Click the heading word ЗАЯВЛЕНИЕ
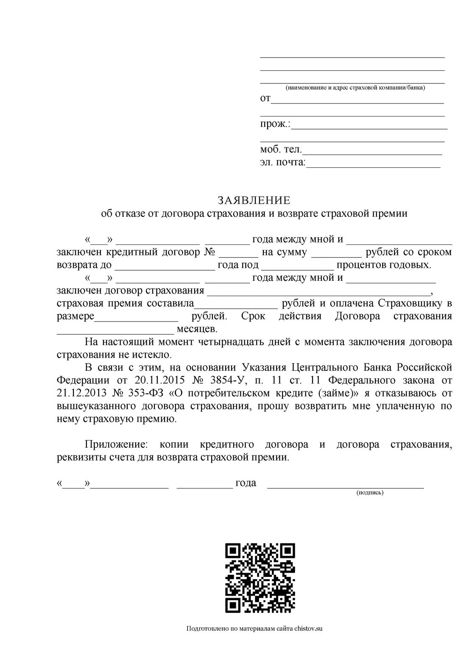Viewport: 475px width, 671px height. pos(254,200)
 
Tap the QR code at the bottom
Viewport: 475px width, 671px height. pos(260,578)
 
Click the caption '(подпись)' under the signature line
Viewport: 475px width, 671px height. pos(370,493)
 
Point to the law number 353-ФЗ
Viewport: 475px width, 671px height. pos(146,393)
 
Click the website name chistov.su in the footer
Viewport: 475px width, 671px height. pos(308,629)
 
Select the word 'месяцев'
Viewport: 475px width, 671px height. pos(196,329)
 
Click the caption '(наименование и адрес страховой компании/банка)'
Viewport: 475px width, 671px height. pos(355,88)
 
